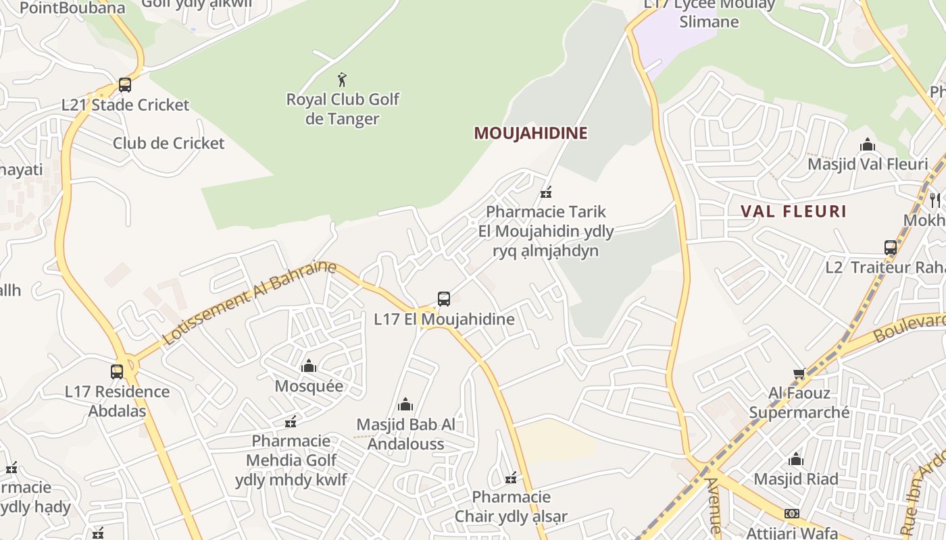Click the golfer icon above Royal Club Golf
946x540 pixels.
[342, 80]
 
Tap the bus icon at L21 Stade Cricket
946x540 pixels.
[124, 85]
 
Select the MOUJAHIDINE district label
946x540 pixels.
[530, 133]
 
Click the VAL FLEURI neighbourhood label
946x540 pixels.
[793, 211]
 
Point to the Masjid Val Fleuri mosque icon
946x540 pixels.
[868, 144]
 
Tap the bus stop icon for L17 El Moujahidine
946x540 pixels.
[444, 299]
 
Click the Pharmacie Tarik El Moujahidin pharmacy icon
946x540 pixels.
[546, 192]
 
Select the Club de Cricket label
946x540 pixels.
[168, 143]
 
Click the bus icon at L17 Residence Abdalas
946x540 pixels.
[117, 371]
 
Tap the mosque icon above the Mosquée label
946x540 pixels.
[309, 366]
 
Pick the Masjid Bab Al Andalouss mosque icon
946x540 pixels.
[405, 404]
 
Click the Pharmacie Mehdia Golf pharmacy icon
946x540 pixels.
[291, 422]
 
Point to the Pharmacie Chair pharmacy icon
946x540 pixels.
[511, 478]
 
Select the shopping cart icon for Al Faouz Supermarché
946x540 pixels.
[799, 373]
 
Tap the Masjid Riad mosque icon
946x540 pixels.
[796, 460]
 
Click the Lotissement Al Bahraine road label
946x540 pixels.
[249, 302]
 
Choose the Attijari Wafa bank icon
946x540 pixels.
[791, 514]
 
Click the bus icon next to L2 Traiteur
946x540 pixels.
[891, 248]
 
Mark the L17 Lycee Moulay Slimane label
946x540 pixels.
[709, 13]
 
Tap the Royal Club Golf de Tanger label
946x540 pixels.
[343, 109]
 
